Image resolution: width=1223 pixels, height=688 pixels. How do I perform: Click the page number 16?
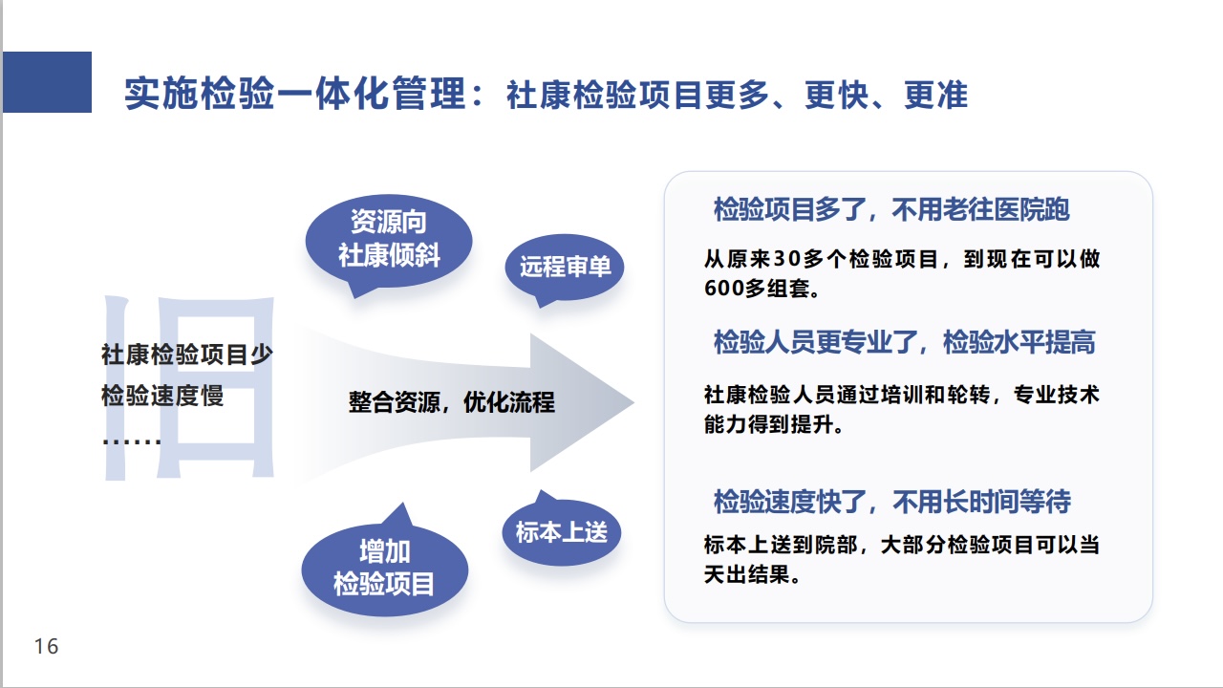pos(46,647)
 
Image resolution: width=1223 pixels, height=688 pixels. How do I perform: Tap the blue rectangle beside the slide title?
pos(47,82)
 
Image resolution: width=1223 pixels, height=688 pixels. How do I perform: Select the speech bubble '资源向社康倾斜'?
pos(389,240)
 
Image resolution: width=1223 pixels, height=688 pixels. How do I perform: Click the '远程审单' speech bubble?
pos(565,266)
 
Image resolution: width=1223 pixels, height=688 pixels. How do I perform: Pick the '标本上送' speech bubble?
pos(561,531)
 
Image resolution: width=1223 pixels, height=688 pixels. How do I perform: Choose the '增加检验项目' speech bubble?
pos(384,568)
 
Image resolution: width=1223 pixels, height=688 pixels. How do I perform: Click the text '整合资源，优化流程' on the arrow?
pos(451,402)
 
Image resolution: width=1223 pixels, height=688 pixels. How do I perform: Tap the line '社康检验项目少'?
pos(187,355)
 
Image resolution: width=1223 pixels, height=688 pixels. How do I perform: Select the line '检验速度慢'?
pos(162,396)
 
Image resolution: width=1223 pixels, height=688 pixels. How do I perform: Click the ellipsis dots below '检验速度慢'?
pos(131,440)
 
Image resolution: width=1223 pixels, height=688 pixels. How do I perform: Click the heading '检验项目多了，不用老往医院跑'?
pos(891,209)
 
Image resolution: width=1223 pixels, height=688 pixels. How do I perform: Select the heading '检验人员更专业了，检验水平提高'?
pos(904,342)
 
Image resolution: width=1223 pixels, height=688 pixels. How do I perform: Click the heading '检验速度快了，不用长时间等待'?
pos(892,501)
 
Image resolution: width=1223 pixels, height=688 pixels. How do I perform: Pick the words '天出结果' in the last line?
pos(751,575)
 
